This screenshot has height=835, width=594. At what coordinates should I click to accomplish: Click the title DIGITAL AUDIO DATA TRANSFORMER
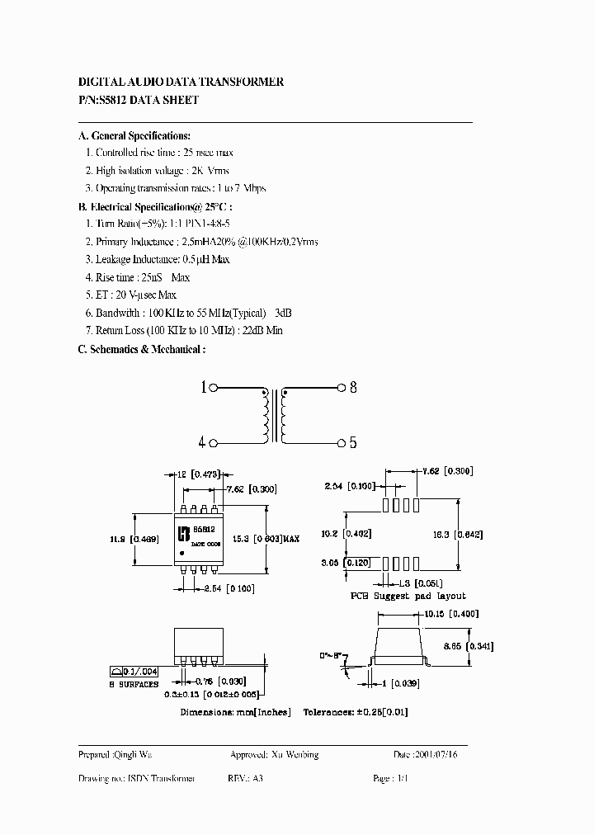click(x=181, y=83)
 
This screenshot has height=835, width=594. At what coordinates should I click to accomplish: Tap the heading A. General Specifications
click(x=134, y=135)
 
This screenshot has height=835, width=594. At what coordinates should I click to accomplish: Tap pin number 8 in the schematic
click(x=352, y=387)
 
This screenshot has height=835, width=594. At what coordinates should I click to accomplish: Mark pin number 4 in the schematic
click(x=203, y=443)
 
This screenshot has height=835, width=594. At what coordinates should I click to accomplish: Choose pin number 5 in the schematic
click(x=352, y=443)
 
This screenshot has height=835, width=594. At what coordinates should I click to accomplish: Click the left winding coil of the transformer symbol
click(x=266, y=415)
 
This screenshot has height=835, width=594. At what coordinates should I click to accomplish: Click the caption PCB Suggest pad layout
click(x=409, y=596)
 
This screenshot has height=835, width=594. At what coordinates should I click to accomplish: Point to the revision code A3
click(x=257, y=778)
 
